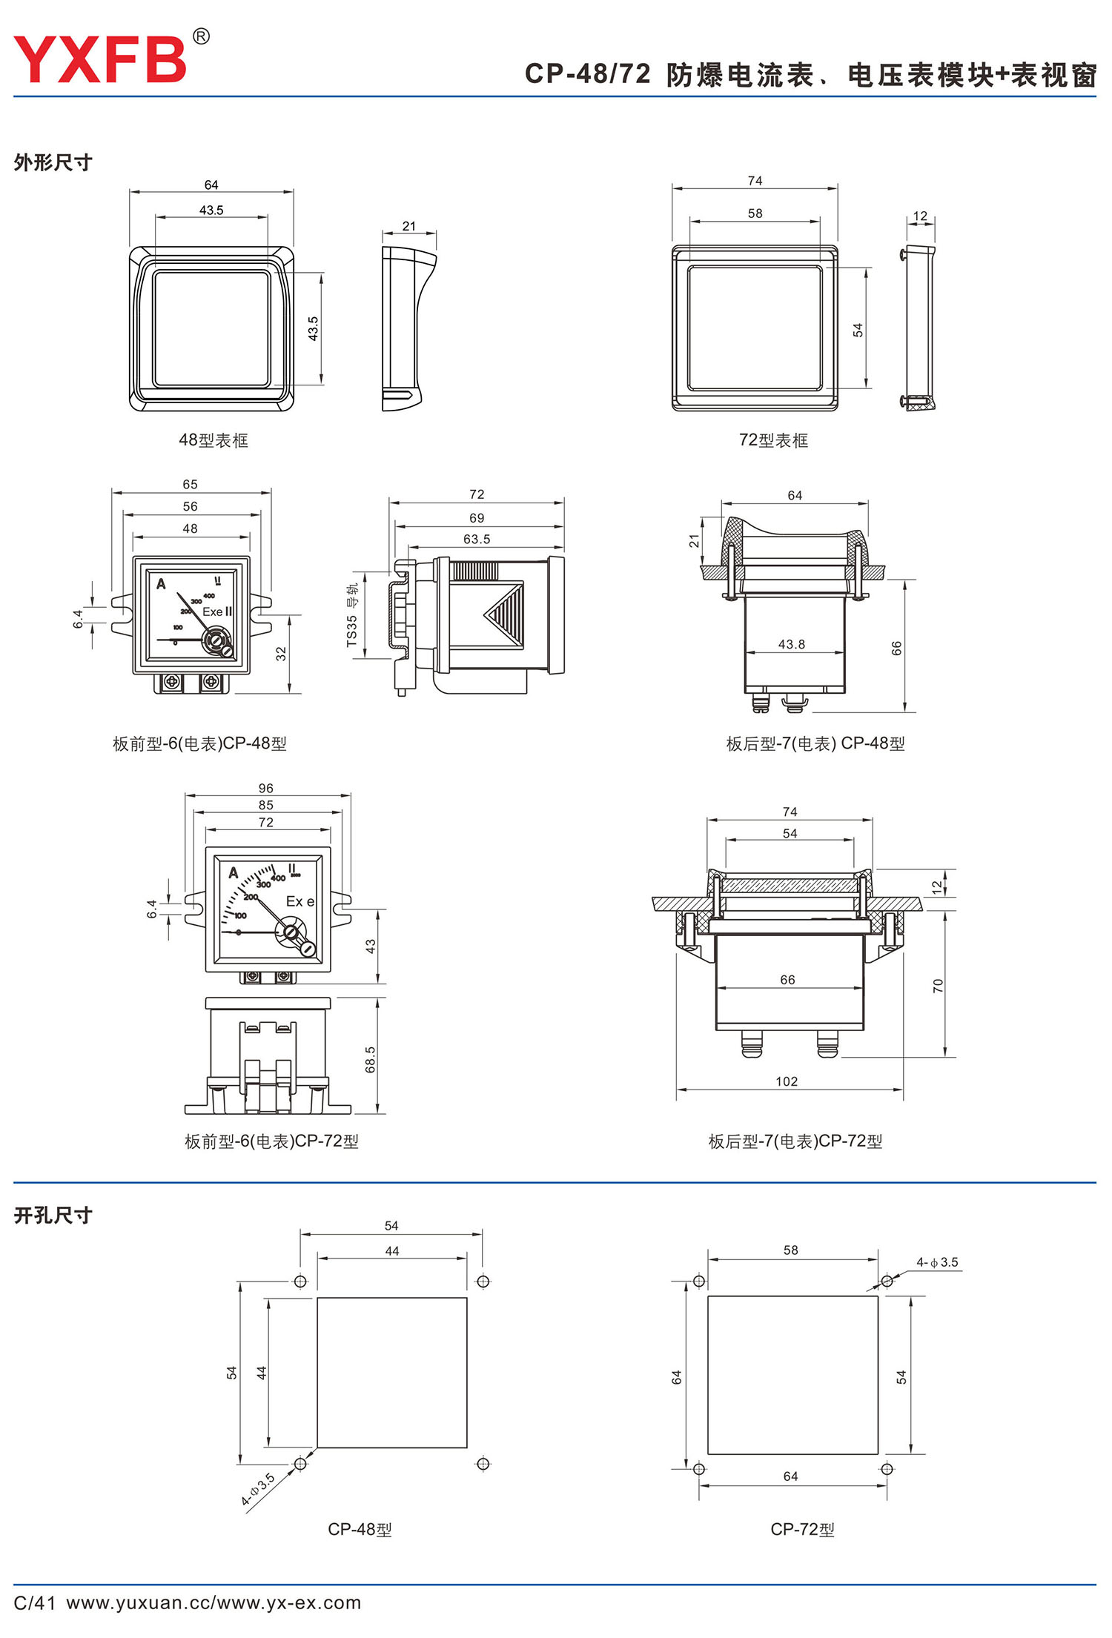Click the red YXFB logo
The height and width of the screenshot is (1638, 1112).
100,59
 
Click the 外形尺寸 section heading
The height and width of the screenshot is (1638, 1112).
53,162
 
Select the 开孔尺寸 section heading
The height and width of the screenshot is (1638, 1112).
53,1216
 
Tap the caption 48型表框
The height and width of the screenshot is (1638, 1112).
214,440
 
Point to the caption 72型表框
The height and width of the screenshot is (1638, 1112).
773,440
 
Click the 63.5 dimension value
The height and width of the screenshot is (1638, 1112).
477,539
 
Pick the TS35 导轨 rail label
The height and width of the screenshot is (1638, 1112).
352,614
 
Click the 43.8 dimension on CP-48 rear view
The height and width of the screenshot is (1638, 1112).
791,644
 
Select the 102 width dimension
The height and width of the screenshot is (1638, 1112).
787,1081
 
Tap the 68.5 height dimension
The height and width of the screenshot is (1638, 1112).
370,1060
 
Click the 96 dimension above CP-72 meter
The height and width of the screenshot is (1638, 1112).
266,788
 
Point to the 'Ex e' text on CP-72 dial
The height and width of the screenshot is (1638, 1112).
300,901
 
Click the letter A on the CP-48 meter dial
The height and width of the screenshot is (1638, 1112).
161,584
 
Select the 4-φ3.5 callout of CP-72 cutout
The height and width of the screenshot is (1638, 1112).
937,1262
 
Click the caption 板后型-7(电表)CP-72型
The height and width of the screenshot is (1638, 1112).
795,1141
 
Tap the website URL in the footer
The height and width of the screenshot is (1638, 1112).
214,1602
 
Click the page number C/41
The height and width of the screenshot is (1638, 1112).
34,1602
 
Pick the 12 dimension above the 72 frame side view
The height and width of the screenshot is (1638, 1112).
920,216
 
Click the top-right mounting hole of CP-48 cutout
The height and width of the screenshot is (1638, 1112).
483,1281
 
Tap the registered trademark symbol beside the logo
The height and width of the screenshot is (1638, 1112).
201,36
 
